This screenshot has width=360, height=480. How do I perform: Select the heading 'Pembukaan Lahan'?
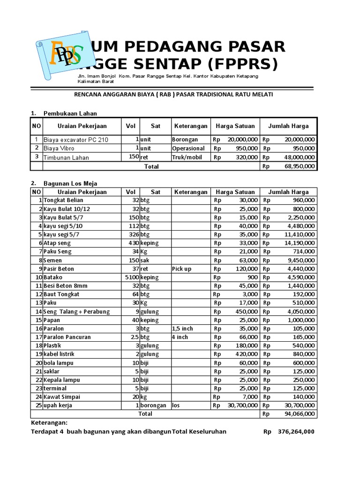[70, 113]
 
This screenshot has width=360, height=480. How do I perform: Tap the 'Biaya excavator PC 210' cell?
[76, 140]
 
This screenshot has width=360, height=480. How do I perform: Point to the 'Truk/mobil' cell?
[187, 157]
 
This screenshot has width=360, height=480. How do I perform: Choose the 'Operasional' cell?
[188, 149]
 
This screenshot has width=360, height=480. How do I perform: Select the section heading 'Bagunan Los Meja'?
[70, 183]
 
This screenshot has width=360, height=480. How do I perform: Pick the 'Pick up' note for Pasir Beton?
[182, 269]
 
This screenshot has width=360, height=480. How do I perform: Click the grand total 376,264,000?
[296, 432]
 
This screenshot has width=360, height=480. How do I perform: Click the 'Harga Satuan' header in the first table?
[235, 126]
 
